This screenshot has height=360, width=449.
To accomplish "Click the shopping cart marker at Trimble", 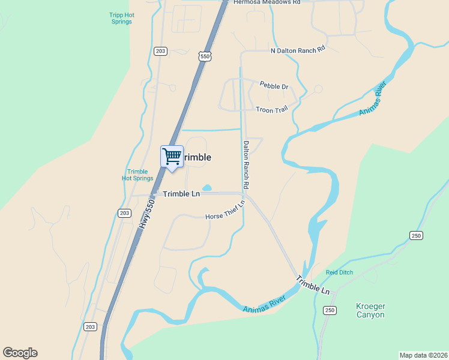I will pos(172,157).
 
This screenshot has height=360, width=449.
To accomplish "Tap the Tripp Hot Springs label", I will pos(121,18).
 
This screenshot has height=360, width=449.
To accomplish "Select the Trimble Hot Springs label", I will pos(137,175).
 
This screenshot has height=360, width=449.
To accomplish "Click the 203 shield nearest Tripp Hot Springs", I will pos(160,51).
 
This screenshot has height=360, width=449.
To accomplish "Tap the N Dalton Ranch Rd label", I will pos(298,50).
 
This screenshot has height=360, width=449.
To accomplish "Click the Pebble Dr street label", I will pos(274,86).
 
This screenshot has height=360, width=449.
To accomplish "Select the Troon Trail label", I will pos(272,110).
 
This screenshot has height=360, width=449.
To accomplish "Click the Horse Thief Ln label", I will pos(225,211).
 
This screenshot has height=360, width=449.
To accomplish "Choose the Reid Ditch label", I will pos(339,272).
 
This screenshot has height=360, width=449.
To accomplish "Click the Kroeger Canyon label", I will pos(371,310).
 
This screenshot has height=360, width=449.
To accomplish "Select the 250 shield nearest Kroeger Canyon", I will pos(330,310).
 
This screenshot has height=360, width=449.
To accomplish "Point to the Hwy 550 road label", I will pos(148,213).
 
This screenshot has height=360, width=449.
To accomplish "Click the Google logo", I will pos(20,353).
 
